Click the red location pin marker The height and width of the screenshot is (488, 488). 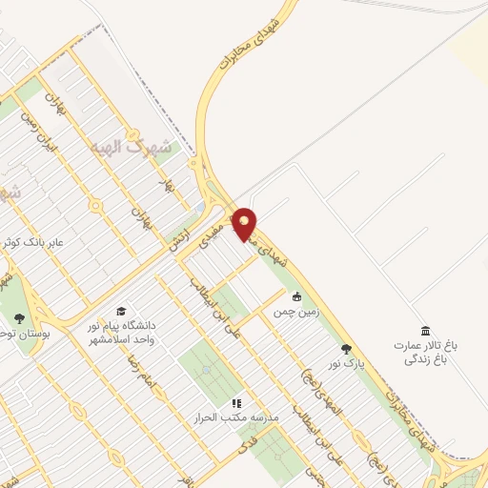click(246, 224)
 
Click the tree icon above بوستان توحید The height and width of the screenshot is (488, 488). click(20, 317)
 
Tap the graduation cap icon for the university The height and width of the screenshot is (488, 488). click(121, 312)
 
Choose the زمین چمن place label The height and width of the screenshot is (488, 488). click(297, 311)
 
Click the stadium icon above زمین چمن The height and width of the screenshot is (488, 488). click(297, 295)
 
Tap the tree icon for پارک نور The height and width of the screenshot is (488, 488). click(346, 349)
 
